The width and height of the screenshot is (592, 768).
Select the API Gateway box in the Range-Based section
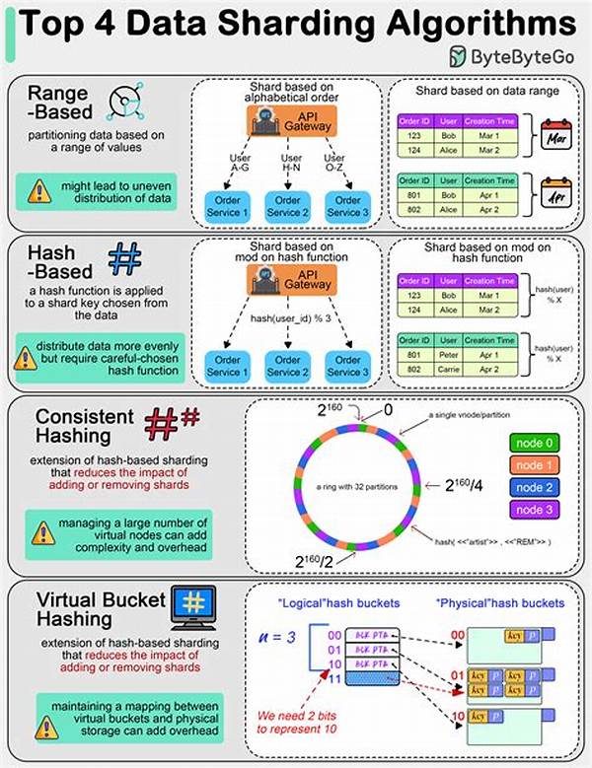(x=286, y=121)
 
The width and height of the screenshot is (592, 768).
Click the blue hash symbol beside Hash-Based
(x=125, y=257)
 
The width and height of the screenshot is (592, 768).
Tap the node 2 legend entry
(x=534, y=487)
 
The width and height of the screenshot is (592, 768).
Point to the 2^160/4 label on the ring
(x=463, y=485)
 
